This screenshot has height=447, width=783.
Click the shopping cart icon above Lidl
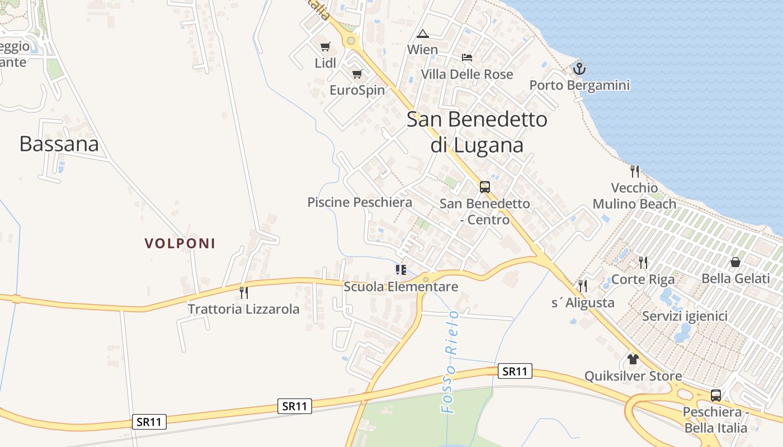[x=325, y=47]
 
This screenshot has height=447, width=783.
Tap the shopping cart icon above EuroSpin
[x=357, y=74]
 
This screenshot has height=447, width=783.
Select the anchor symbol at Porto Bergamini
[x=579, y=69]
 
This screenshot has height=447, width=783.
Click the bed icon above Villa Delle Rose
[x=467, y=58]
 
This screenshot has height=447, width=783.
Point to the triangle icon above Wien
[x=422, y=34]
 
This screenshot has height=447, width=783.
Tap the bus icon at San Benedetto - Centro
[x=484, y=187]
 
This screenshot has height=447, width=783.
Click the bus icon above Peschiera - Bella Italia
[x=715, y=396]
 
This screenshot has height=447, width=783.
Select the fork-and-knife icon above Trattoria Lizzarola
[x=243, y=292]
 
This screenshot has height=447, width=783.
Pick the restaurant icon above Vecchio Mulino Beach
[x=634, y=171]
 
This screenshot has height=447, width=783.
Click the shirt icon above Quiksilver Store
[x=633, y=359]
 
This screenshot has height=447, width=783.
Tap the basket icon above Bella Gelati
[x=735, y=262]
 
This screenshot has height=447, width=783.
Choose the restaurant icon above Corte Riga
[x=643, y=262]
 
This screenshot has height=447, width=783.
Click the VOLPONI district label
[x=180, y=244]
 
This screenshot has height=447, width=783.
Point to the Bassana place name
[x=59, y=144]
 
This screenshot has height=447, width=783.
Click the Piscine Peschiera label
[x=360, y=202]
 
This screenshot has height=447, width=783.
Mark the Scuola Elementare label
[x=400, y=287]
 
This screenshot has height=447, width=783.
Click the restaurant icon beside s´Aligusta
[x=583, y=286]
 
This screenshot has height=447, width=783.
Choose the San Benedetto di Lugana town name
[x=477, y=132]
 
